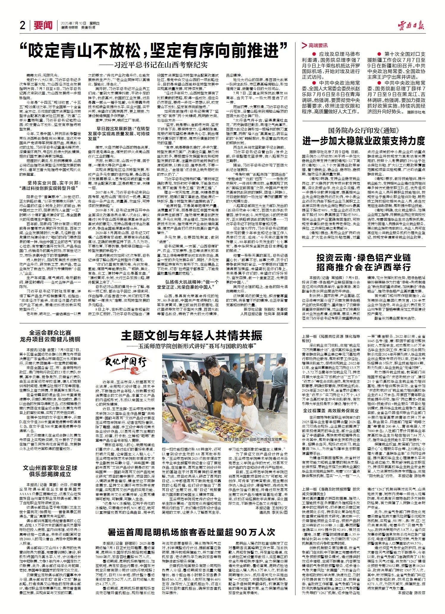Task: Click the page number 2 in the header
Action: [22, 26]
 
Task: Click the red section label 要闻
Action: [43, 26]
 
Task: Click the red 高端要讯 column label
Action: [318, 45]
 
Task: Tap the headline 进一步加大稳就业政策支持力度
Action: [363, 141]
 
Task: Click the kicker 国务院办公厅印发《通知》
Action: [363, 130]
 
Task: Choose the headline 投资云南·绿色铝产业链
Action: [363, 258]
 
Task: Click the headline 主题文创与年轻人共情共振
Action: [192, 336]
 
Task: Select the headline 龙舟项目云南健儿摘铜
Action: [50, 339]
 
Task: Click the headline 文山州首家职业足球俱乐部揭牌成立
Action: [50, 471]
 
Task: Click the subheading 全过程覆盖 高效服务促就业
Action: [331, 411]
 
